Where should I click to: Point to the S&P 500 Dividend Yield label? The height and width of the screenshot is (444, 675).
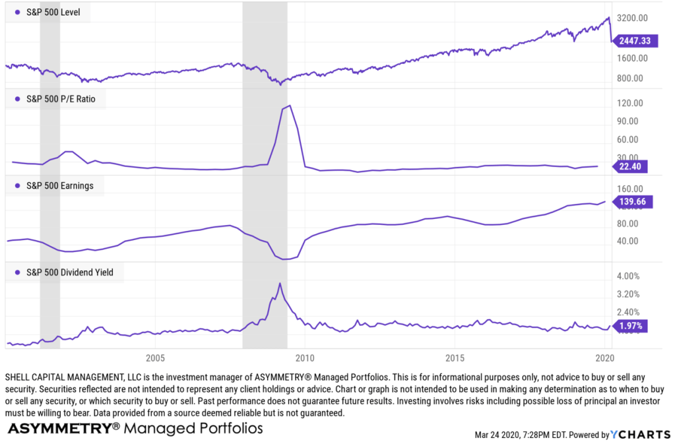[x=69, y=272]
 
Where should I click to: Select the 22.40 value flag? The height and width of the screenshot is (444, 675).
[x=630, y=166]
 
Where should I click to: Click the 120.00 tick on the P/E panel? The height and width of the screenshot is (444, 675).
[x=630, y=103]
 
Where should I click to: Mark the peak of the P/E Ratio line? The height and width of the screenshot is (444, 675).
[x=290, y=105]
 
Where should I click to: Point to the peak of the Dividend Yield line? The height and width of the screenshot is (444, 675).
[x=280, y=283]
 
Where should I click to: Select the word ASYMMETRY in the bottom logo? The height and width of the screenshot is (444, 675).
[x=59, y=428]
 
